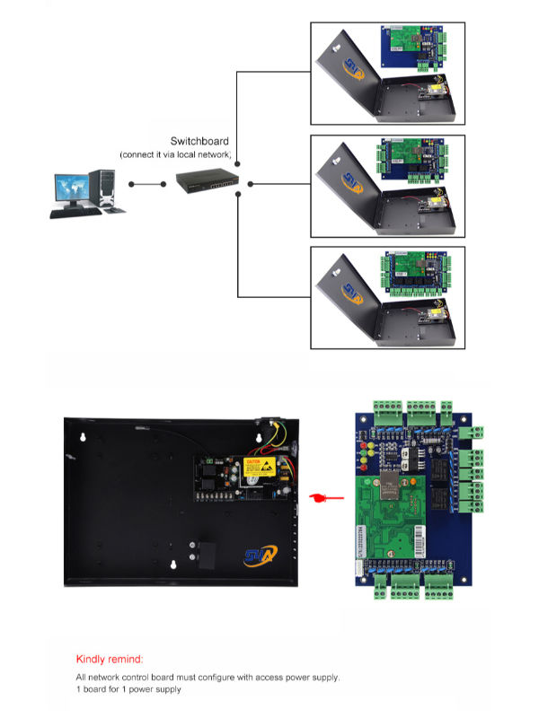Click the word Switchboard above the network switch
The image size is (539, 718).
click(x=199, y=141)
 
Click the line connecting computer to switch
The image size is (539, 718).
click(x=149, y=185)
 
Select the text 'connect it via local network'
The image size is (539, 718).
click(x=176, y=154)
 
